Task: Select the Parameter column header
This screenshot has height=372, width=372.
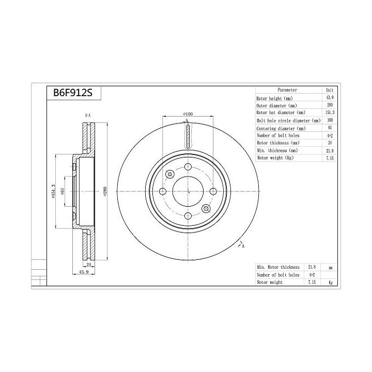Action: [x=287, y=90]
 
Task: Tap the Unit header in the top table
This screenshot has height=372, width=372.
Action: [x=329, y=90]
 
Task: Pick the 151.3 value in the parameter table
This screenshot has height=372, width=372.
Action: [x=329, y=112]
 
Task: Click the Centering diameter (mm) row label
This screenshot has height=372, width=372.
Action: [x=282, y=128]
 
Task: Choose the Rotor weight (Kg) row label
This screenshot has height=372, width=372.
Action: [x=275, y=158]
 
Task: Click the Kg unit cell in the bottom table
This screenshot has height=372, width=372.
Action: [x=330, y=283]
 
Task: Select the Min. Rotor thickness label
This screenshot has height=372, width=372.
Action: [x=277, y=267]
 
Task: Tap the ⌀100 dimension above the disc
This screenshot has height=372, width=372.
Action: [x=188, y=113]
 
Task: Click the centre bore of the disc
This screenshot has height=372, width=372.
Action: [x=188, y=191]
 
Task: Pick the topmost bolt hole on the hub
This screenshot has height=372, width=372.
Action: [x=188, y=167]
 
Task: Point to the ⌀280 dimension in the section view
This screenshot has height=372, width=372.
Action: [x=105, y=191]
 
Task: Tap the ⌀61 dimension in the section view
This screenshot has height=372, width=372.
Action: [x=63, y=191]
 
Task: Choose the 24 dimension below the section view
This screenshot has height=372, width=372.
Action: [x=88, y=264]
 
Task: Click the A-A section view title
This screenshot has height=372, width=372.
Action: [x=87, y=115]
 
